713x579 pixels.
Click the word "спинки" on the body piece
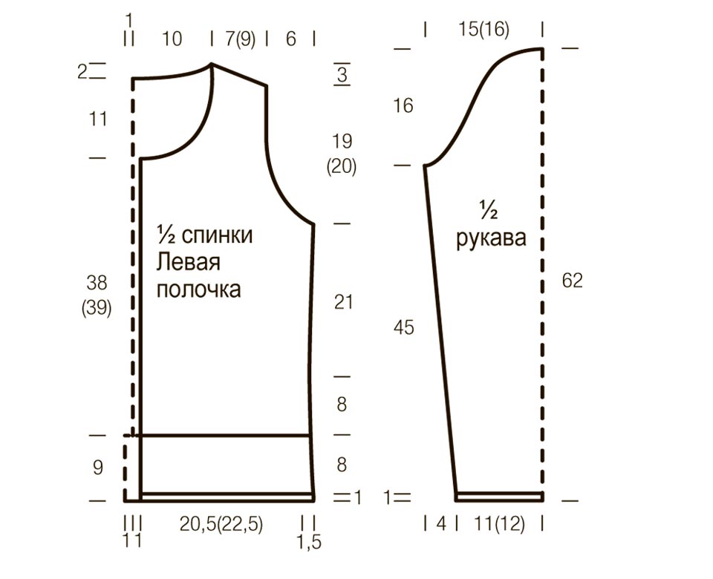217,235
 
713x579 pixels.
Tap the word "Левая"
188,263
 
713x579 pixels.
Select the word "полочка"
199,289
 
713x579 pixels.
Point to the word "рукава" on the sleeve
491,239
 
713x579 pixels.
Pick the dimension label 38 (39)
97,295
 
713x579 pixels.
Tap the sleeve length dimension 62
572,281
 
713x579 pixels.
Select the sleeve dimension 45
404,327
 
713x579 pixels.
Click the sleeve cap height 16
403,106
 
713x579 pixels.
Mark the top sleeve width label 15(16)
484,30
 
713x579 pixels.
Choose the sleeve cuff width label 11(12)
499,524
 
